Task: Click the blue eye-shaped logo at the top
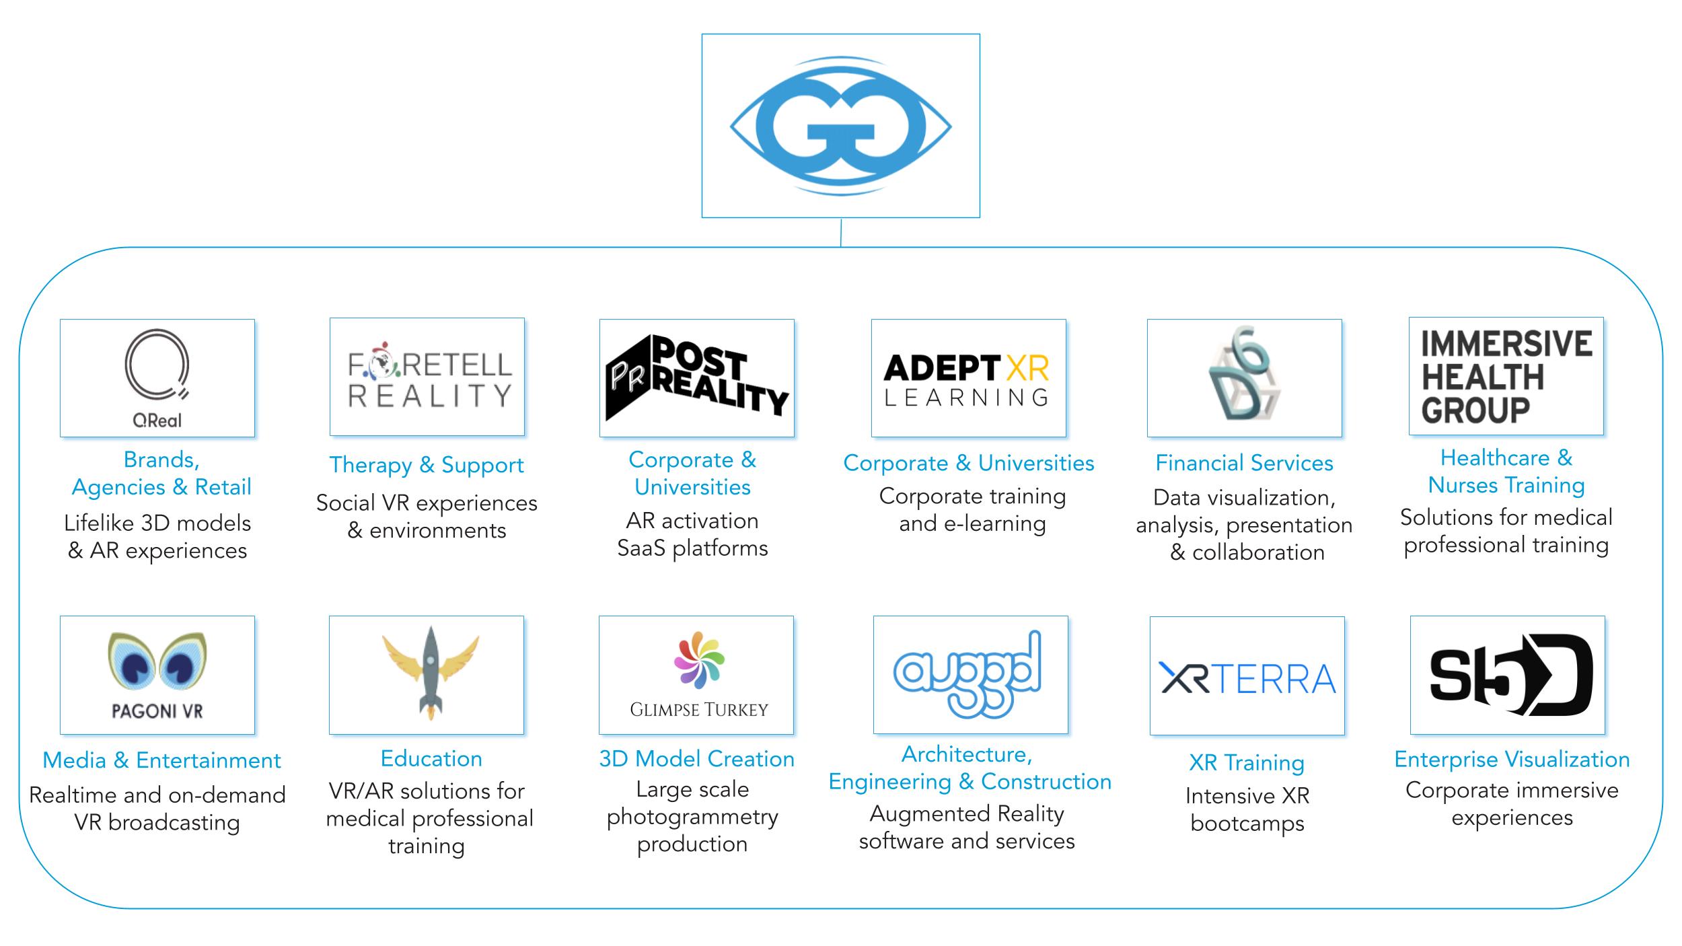click(840, 126)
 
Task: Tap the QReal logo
click(157, 378)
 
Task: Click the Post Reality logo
click(696, 378)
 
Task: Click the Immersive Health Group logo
click(1506, 377)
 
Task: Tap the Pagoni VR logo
click(157, 675)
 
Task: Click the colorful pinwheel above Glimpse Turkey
click(699, 660)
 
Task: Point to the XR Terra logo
click(1247, 678)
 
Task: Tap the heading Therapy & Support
click(427, 465)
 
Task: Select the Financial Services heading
click(1244, 463)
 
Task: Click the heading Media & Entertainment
click(161, 760)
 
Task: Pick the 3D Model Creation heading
click(696, 759)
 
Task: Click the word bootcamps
click(1247, 824)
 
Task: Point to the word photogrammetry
click(692, 817)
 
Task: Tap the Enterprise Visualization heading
click(1512, 760)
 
